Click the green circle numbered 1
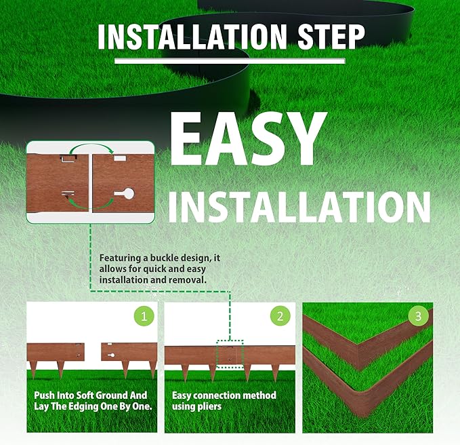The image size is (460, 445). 144,316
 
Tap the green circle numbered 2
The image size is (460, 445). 280,316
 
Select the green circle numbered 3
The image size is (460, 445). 418,316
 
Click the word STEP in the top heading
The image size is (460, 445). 331,37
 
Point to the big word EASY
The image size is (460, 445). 249,139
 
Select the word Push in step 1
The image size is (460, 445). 44,395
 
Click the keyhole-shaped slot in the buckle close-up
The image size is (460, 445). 125,193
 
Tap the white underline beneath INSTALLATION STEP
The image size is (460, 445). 230,61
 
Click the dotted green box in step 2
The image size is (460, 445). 230,354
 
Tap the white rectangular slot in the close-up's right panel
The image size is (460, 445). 120,159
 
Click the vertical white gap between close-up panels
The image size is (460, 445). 90,182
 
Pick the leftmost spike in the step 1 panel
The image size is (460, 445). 33,370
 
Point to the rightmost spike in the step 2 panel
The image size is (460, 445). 275,373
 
